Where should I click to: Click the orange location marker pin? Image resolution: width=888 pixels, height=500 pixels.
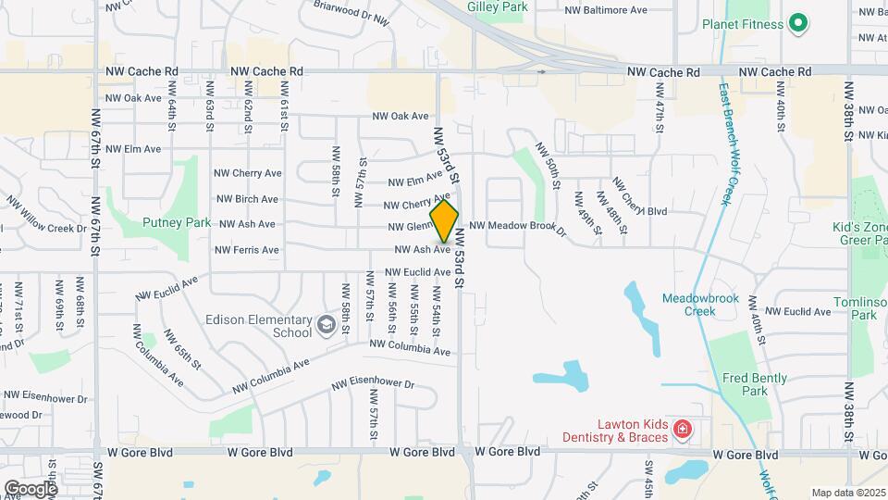point(445,222)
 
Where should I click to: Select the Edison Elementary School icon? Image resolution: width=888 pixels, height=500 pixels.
point(326,324)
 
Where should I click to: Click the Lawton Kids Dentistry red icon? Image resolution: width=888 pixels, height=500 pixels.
point(682,429)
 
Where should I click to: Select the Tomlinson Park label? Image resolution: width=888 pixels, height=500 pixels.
point(866,308)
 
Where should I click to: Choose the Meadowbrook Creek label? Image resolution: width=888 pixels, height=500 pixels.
point(688,305)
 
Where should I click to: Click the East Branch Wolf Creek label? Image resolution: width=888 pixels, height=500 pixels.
point(725,144)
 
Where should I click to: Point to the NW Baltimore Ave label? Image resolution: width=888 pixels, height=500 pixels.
point(606,10)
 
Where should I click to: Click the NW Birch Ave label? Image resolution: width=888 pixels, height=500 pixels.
point(247,199)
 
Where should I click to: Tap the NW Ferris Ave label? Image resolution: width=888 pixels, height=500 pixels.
point(246,250)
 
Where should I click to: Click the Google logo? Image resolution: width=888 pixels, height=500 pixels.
point(31,488)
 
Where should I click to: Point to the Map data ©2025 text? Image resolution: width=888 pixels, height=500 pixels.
point(847,493)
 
